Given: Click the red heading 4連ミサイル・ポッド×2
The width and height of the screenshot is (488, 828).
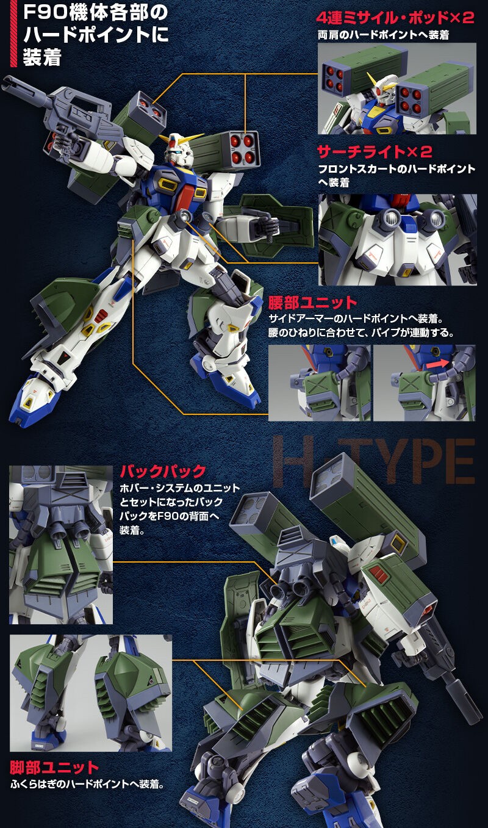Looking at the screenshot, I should tap(396, 16).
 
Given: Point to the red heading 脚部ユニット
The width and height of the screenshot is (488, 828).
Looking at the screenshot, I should tap(54, 767).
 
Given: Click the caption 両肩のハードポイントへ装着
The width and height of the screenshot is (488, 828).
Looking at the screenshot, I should tap(383, 35).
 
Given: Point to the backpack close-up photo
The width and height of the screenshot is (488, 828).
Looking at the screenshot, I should tap(61, 544).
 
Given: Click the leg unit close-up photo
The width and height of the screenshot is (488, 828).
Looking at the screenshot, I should tap(90, 693).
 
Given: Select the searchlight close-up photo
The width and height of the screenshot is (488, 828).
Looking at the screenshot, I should tap(397, 239).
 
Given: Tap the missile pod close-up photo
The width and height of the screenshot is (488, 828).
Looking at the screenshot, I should tap(396, 88).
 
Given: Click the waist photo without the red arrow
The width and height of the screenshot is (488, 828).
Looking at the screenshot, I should tap(319, 383).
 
